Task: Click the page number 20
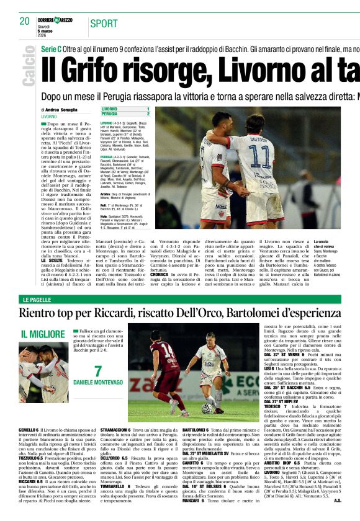point(24,21)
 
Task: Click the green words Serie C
point(53,48)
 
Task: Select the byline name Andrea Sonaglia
point(63,109)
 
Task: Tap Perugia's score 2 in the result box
point(148,114)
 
